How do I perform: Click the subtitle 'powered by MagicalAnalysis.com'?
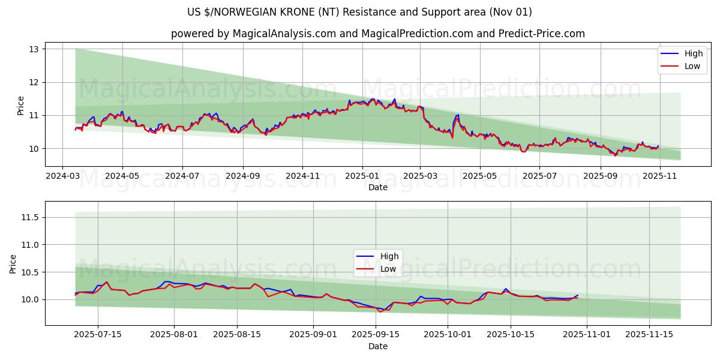tap(377, 34)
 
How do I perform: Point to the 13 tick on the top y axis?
tap(34, 49)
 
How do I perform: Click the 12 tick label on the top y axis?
tap(34, 82)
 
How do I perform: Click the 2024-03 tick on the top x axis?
tap(63, 177)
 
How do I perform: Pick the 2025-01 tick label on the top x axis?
tap(362, 177)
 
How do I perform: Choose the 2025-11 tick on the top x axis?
tap(659, 177)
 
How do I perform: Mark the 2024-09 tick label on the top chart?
tap(243, 177)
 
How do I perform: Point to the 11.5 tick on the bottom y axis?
tap(29, 217)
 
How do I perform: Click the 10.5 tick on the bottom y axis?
tap(29, 272)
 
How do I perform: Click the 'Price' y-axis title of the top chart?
tap(21, 106)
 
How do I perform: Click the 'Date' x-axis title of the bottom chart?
tap(377, 346)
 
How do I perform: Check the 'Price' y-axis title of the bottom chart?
tap(13, 264)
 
